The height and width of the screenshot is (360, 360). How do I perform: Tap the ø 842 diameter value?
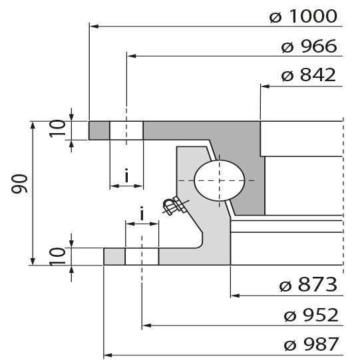click(x=309, y=75)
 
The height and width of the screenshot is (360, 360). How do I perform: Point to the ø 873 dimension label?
click(x=309, y=286)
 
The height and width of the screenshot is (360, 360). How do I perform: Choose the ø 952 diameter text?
click(x=309, y=315)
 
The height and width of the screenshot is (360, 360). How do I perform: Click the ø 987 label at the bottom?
click(x=309, y=345)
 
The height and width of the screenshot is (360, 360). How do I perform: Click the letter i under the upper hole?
click(x=126, y=176)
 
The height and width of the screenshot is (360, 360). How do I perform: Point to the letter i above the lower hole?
click(x=142, y=214)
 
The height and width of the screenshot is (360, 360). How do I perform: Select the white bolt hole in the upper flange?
click(x=126, y=130)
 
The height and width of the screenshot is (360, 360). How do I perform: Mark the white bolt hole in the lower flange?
click(x=142, y=256)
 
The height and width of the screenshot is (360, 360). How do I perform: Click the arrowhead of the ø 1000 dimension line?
click(x=93, y=27)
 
